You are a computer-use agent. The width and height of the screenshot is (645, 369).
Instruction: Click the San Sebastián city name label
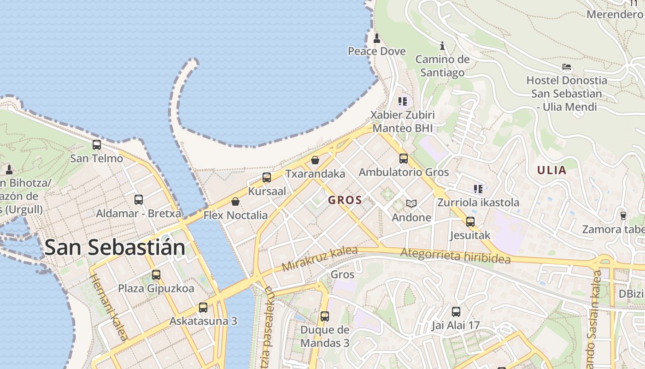pos(115,248)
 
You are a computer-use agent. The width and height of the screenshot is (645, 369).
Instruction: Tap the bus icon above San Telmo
pos(97,145)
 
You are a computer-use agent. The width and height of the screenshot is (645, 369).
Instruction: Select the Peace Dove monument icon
pos(377,38)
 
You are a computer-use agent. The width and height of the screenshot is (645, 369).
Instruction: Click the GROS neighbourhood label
pos(345,200)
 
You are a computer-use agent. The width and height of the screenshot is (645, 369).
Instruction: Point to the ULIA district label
pos(551,170)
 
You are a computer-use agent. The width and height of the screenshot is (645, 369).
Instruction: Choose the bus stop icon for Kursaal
pos(267,178)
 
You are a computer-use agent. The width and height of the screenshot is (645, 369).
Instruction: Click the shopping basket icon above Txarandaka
pos(315,160)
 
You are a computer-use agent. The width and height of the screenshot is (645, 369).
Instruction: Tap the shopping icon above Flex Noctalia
pos(235,202)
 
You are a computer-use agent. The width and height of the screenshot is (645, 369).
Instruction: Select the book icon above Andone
pos(411,203)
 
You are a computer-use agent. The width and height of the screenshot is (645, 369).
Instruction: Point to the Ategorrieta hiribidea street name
pos(455,256)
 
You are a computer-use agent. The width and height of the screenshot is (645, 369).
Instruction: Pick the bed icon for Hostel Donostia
pos(567,67)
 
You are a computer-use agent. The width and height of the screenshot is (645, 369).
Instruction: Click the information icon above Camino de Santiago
pos(442,46)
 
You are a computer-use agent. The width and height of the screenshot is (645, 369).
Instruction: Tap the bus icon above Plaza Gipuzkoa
pos(156,275)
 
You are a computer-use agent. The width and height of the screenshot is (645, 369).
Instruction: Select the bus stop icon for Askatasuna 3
pos(203,308)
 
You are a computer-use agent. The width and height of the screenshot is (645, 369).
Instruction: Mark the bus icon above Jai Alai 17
pos(456,312)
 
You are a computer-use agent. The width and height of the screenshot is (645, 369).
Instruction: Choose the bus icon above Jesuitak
pos(470,222)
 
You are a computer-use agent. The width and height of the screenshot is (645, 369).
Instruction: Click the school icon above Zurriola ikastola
pos(478,189)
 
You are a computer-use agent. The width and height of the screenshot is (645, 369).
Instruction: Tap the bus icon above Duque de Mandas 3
pos(325,316)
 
